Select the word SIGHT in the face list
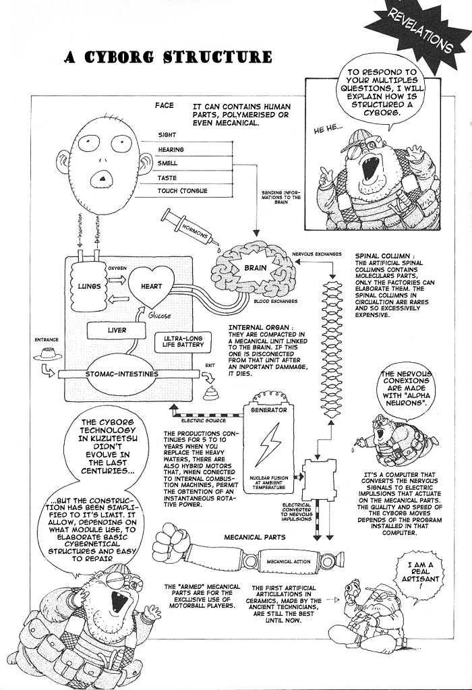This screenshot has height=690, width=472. point(167,135)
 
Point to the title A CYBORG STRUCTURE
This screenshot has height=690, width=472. point(168,57)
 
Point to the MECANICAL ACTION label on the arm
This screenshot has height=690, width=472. point(283,560)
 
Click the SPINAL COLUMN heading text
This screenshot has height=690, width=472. point(380,256)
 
